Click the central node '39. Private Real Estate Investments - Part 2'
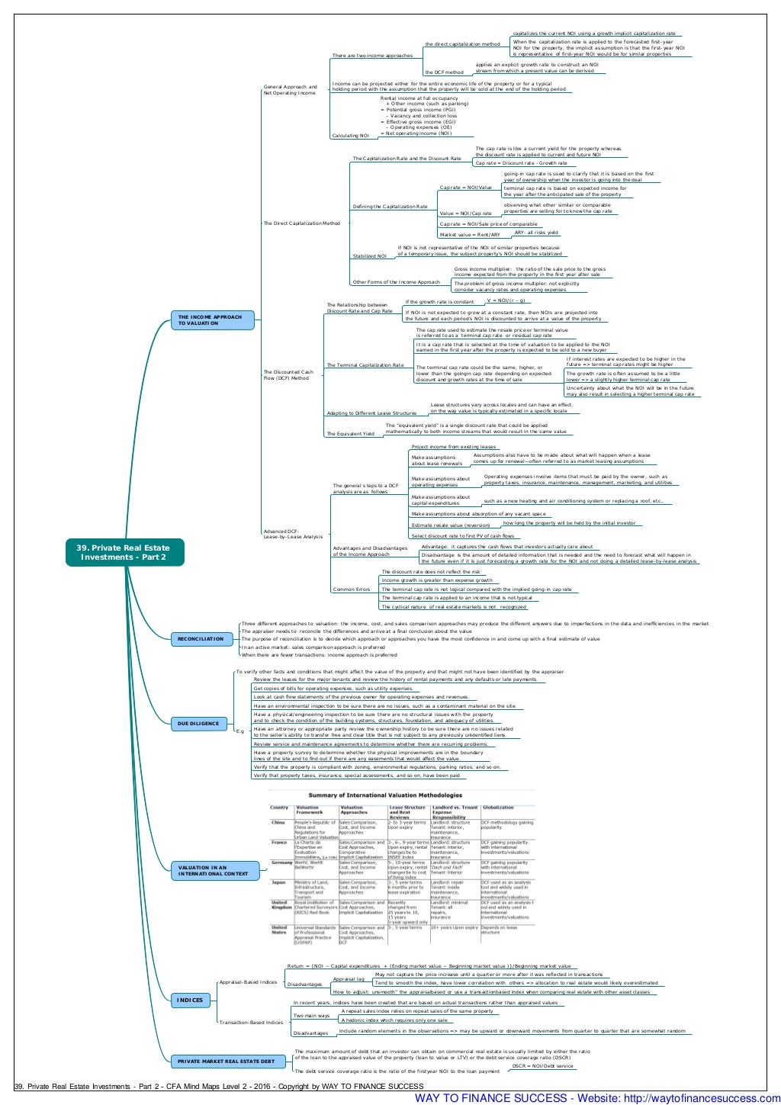click(125, 552)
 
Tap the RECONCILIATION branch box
click(201, 639)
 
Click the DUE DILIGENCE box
click(198, 724)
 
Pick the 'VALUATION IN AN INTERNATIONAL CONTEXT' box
click(213, 870)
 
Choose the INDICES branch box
click(191, 1000)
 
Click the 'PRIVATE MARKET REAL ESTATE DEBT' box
click(226, 1061)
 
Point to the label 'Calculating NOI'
click(350, 136)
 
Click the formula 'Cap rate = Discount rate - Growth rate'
click(522, 162)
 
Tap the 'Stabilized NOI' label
click(369, 256)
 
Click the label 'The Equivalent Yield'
click(351, 434)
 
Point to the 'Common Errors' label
click(351, 589)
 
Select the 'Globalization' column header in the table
click(498, 807)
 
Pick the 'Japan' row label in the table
click(278, 882)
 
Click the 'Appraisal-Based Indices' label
click(248, 982)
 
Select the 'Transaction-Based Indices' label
click(251, 1023)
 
